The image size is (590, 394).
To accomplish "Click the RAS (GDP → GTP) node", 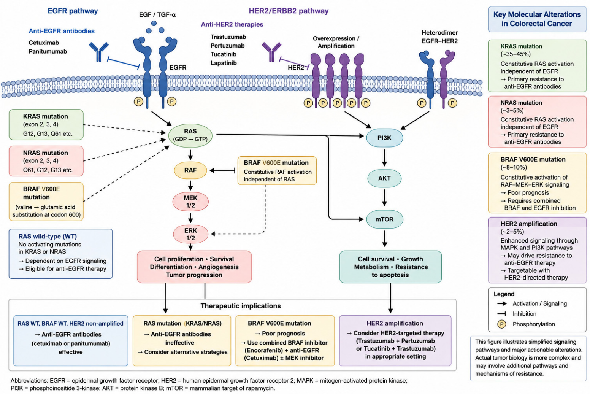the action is point(190,136).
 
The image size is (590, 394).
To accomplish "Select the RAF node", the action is point(190,170).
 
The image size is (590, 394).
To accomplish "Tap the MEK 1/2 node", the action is point(190,202).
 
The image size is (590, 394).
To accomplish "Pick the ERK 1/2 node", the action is point(190,234).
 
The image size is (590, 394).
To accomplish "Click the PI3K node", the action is point(384,138).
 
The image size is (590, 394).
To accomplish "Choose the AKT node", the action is point(384,178).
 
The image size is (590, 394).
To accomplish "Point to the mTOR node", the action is point(384,219).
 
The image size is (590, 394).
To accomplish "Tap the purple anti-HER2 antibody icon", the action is point(271,52).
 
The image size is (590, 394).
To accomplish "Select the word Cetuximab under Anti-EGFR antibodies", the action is point(44,43).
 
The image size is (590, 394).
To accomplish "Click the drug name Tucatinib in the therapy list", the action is point(224,54).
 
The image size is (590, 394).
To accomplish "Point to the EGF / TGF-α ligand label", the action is point(157,14).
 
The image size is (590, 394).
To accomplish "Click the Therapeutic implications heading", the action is point(241,306).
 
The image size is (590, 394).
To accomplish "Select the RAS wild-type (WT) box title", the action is point(48,237).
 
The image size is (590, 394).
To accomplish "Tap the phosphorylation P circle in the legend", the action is point(501,324).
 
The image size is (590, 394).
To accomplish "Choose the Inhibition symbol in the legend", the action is point(501,314).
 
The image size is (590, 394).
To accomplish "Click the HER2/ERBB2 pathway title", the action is point(289,11).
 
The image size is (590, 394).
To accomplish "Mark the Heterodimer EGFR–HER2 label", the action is point(439,37).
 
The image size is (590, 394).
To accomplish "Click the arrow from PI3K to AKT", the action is point(384,158).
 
